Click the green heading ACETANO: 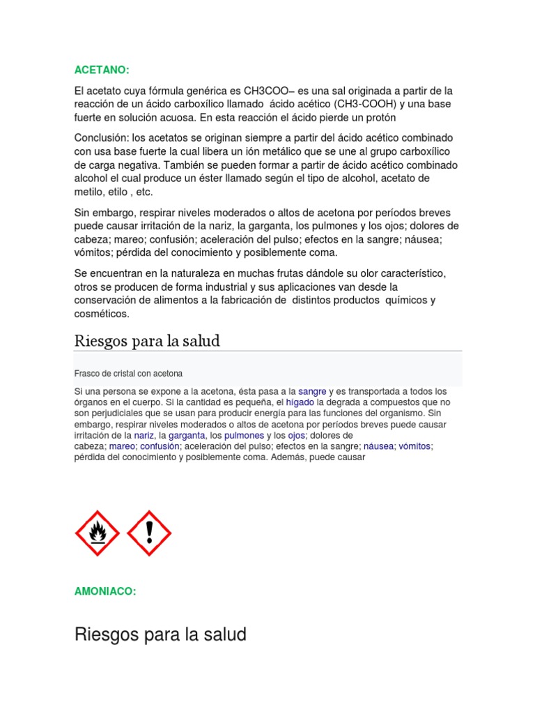(102, 70)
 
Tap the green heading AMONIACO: (104, 591)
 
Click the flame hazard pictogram (97, 533)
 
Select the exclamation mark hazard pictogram (149, 533)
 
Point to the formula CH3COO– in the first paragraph (268, 91)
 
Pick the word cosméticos (102, 314)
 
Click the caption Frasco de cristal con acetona (128, 373)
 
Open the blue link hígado (300, 402)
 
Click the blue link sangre (312, 391)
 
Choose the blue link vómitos (415, 446)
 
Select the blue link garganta (188, 435)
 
